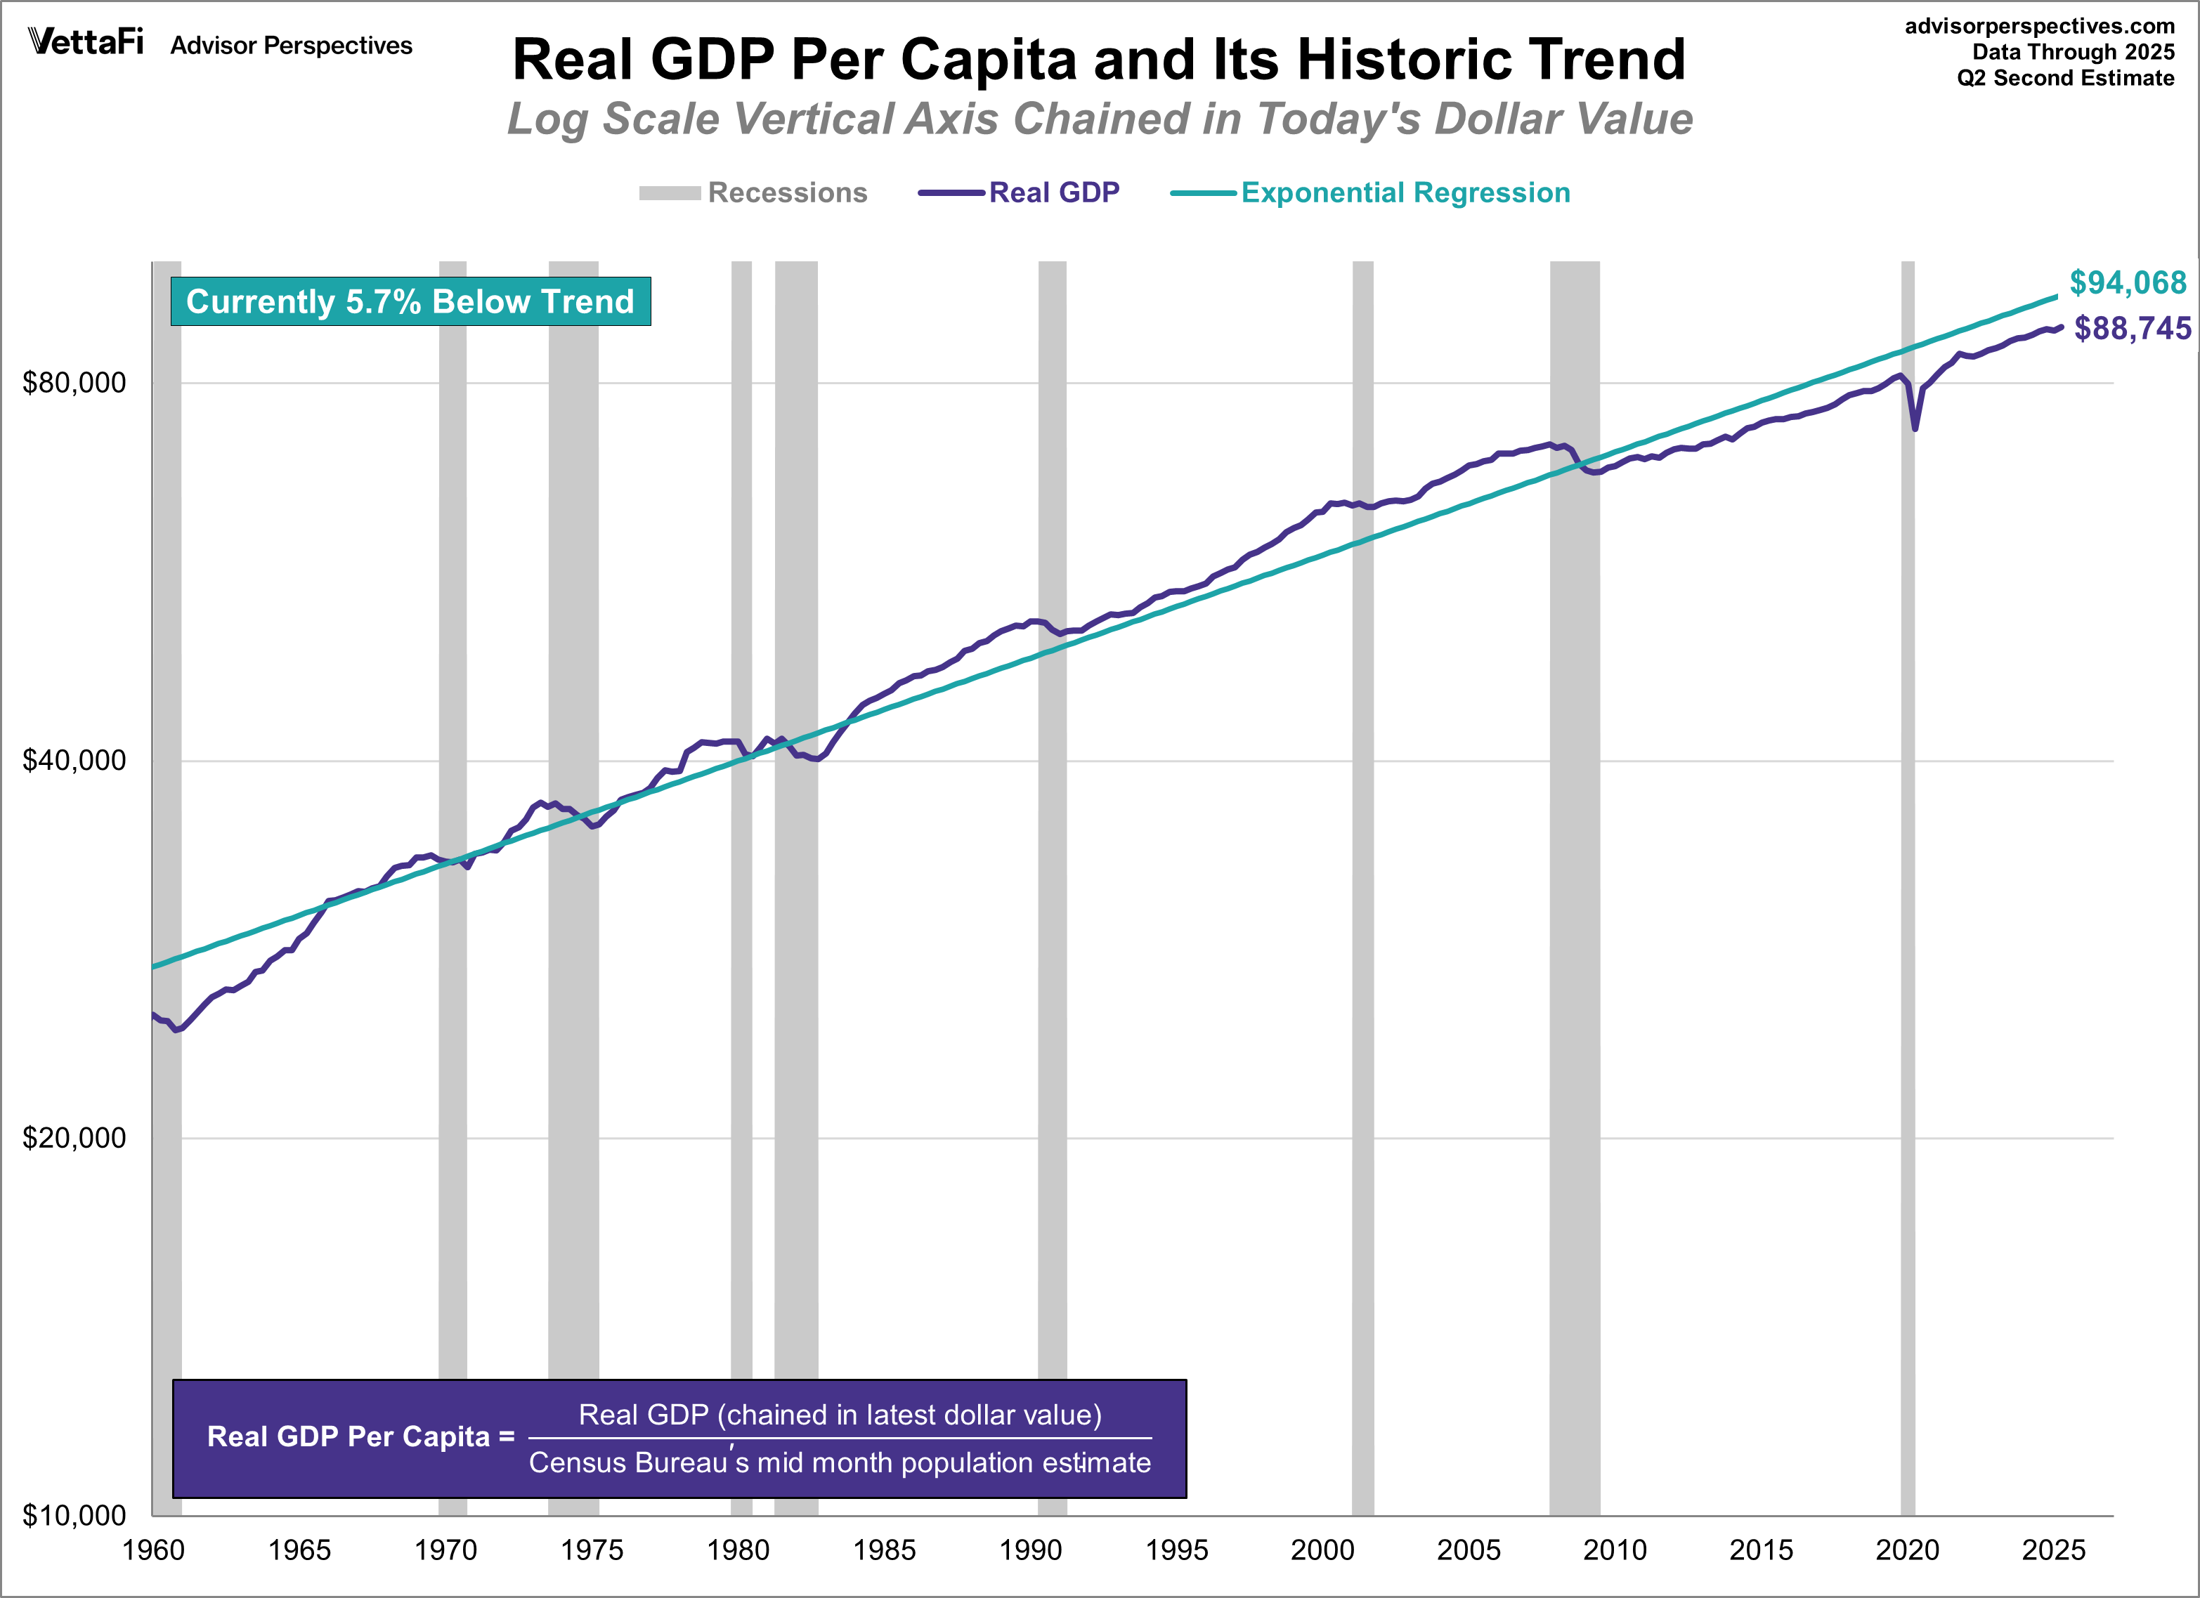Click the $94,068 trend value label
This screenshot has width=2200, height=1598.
coord(2127,283)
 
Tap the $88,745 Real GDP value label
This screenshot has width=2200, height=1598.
coord(2132,329)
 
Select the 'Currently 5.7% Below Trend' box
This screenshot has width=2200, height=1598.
coord(410,301)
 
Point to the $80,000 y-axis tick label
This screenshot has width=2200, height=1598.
coord(74,383)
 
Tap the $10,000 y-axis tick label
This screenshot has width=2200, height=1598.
coord(74,1514)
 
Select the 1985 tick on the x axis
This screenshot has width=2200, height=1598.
coord(884,1550)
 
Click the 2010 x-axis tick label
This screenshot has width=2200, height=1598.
coord(1614,1550)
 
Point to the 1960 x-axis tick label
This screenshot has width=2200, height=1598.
coord(153,1550)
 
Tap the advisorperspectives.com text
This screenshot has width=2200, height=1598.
coord(2039,26)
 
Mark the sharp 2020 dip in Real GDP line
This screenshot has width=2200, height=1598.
coord(1914,426)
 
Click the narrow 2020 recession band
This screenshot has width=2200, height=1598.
coord(1907,872)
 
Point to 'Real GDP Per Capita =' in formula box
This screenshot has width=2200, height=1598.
coord(360,1437)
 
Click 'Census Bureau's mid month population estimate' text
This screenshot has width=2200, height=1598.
coord(839,1462)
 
